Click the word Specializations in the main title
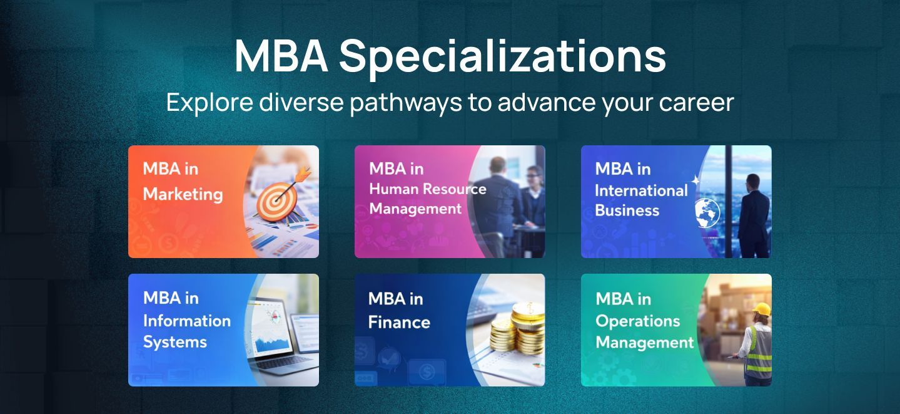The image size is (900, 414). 503,57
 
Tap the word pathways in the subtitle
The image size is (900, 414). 406,103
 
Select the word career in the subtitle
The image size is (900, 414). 696,103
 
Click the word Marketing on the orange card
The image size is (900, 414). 183,194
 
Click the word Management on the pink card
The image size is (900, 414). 415,209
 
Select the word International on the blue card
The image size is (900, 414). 641,190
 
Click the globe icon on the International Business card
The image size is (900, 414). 707,212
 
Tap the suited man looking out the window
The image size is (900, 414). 754,216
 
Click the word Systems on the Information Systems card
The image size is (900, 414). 174,342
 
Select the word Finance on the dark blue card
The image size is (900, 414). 399,323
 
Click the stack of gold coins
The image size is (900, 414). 518,329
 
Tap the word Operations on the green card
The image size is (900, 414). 638,321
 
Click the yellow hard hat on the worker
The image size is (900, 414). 762,309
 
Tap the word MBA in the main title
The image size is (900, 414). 281,56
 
